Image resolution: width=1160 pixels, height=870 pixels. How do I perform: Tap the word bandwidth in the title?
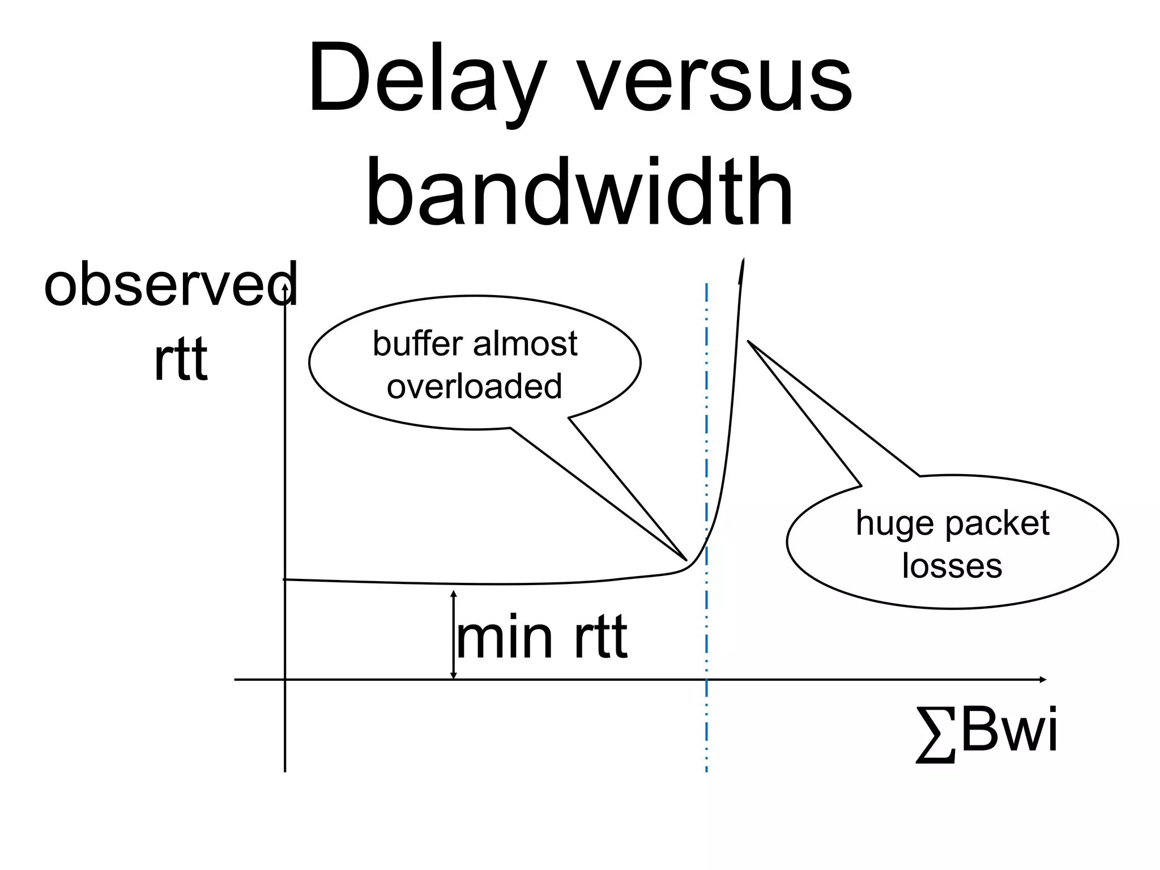(x=579, y=193)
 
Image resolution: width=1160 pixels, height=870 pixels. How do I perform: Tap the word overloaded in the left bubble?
(x=474, y=386)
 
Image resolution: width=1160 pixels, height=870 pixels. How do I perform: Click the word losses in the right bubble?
(x=952, y=566)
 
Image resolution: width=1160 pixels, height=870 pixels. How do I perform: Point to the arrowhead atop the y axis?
(x=285, y=287)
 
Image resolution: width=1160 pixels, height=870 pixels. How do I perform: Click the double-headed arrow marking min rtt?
(x=453, y=634)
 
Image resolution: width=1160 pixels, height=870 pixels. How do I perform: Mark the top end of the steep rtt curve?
(x=743, y=261)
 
